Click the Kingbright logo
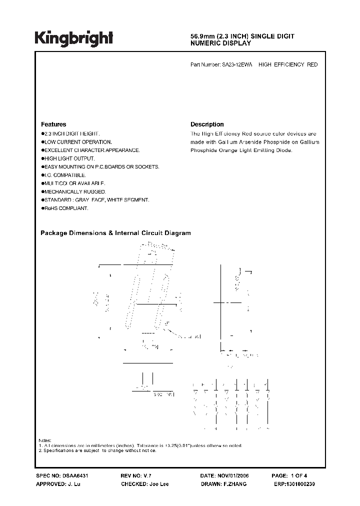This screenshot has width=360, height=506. [74, 38]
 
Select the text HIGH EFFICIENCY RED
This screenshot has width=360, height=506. [288, 65]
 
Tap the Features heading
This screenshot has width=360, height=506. [53, 124]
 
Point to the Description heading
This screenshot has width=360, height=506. [207, 124]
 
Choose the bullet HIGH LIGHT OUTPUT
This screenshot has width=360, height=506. [69, 158]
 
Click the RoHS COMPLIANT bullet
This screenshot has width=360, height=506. [66, 208]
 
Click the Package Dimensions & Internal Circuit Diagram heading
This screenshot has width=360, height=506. [115, 233]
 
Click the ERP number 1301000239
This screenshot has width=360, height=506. [299, 484]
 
